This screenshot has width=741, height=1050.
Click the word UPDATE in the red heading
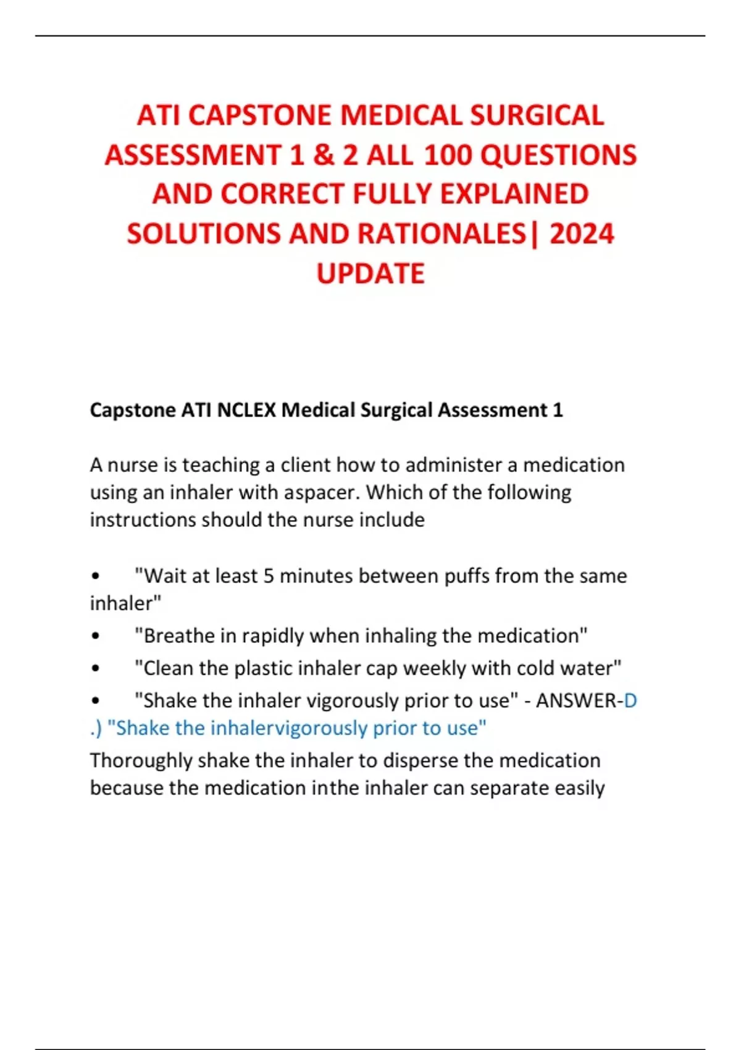(x=371, y=274)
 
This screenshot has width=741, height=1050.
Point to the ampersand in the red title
(x=324, y=155)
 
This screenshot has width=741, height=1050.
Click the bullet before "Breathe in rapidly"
(x=95, y=636)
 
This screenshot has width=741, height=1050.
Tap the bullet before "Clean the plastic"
(x=95, y=668)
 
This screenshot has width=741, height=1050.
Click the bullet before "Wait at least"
(x=95, y=576)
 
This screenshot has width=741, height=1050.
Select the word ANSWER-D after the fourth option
(x=586, y=700)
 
